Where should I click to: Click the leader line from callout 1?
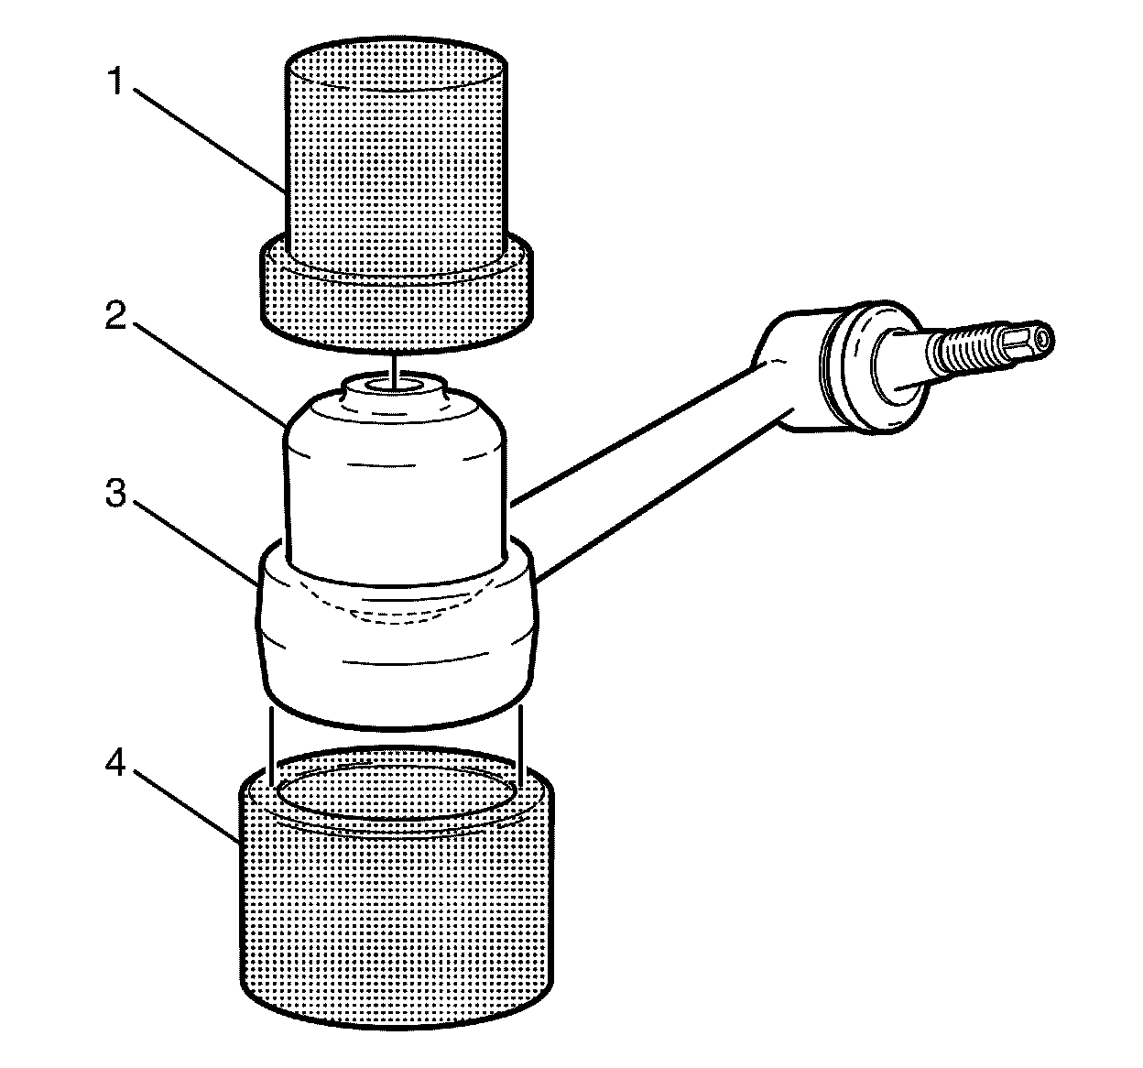pyautogui.click(x=211, y=137)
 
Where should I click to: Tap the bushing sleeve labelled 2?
pyautogui.click(x=396, y=485)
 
